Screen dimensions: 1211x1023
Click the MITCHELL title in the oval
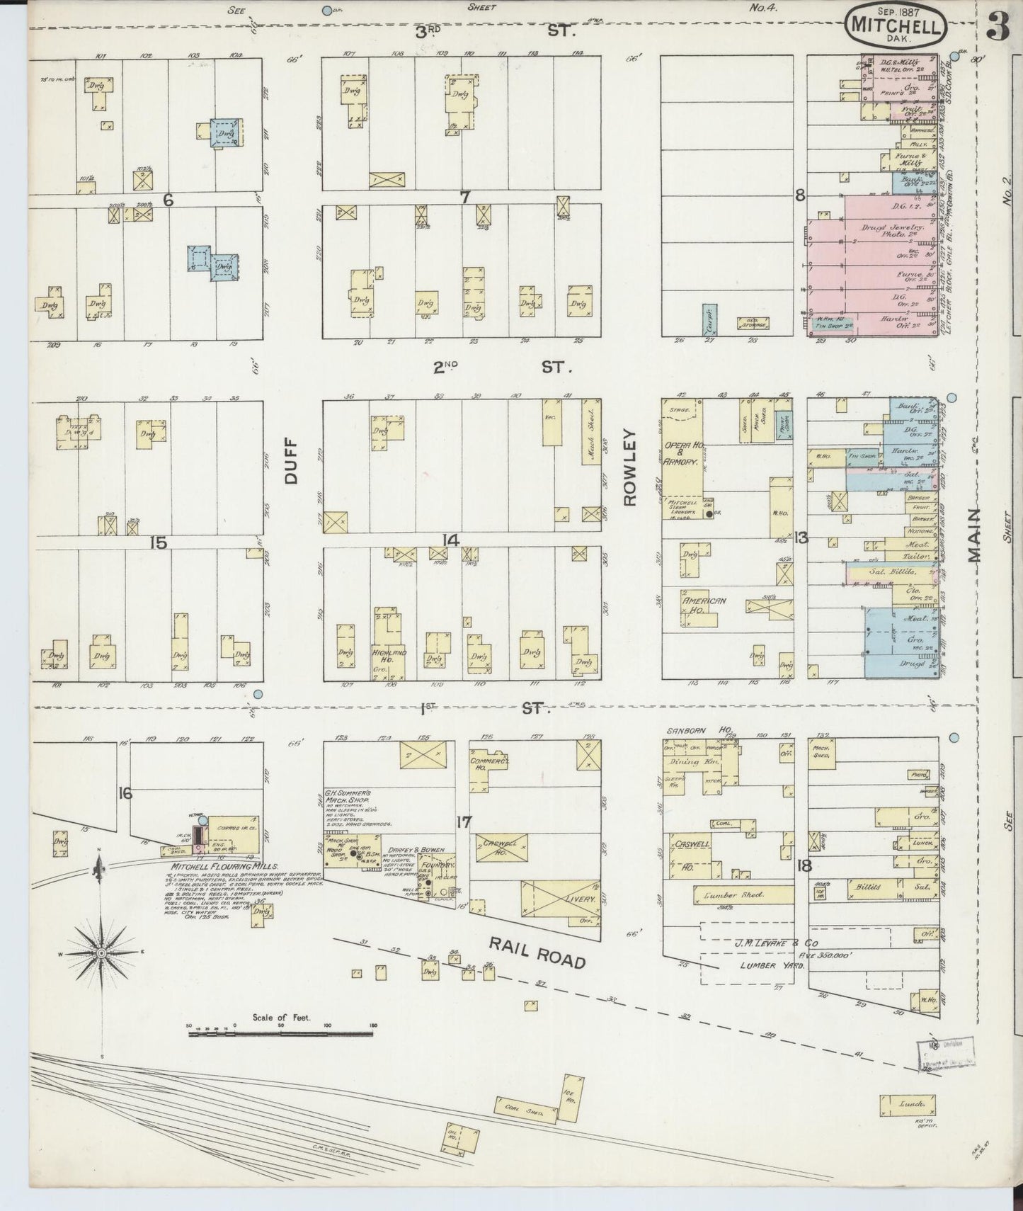pos(896,27)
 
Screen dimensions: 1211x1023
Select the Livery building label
pos(579,897)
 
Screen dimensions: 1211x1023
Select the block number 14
pos(451,541)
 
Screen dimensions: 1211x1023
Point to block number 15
pos(158,542)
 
